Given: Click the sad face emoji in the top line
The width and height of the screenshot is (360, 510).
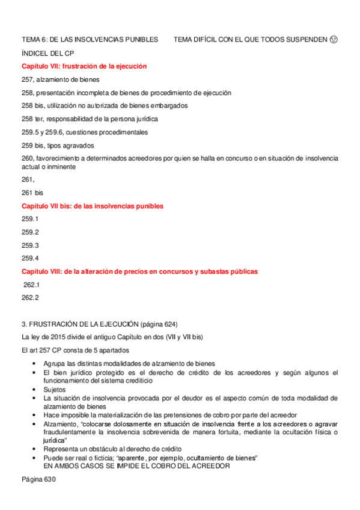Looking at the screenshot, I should tap(334, 40).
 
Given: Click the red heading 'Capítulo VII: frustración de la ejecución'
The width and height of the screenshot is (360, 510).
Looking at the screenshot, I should tap(84, 66).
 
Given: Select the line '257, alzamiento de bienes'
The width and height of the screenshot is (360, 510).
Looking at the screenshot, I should tap(61, 79).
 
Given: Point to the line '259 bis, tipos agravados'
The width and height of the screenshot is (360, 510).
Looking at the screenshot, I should tap(58, 146).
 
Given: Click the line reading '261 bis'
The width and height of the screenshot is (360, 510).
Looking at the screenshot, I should tap(32, 192).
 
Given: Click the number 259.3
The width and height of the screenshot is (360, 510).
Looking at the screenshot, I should tap(30, 245).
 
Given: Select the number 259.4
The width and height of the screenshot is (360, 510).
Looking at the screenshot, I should tap(30, 259).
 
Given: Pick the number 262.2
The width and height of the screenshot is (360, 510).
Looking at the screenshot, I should tap(30, 298).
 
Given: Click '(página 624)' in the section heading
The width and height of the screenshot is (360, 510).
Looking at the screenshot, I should tap(156, 324).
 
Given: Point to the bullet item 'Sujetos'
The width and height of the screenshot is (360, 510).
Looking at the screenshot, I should tap(56, 390).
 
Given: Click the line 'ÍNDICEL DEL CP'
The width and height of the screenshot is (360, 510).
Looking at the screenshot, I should tap(49, 53).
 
